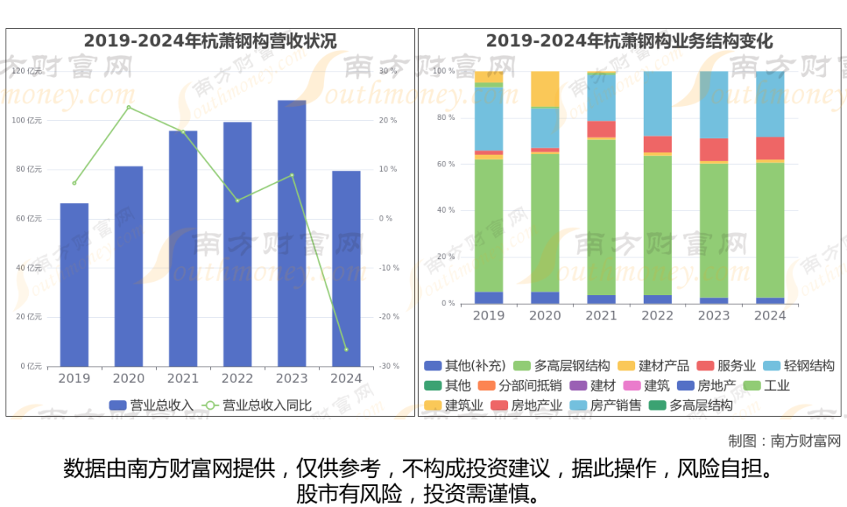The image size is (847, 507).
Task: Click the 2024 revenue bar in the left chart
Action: click(x=346, y=268)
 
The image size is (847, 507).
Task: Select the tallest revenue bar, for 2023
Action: click(x=292, y=233)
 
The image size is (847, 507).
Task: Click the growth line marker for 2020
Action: click(x=129, y=107)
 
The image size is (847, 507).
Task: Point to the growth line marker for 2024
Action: click(x=346, y=349)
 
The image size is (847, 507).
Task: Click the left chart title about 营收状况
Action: click(x=210, y=41)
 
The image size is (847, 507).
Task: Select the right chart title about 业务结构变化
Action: click(x=629, y=41)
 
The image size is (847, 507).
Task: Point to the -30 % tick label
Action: click(x=389, y=366)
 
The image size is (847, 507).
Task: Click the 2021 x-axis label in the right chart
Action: click(x=602, y=316)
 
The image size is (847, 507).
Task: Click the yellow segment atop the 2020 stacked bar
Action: click(x=545, y=89)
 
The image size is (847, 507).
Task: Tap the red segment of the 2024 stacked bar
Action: click(x=770, y=148)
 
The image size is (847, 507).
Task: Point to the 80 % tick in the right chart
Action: click(x=445, y=118)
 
